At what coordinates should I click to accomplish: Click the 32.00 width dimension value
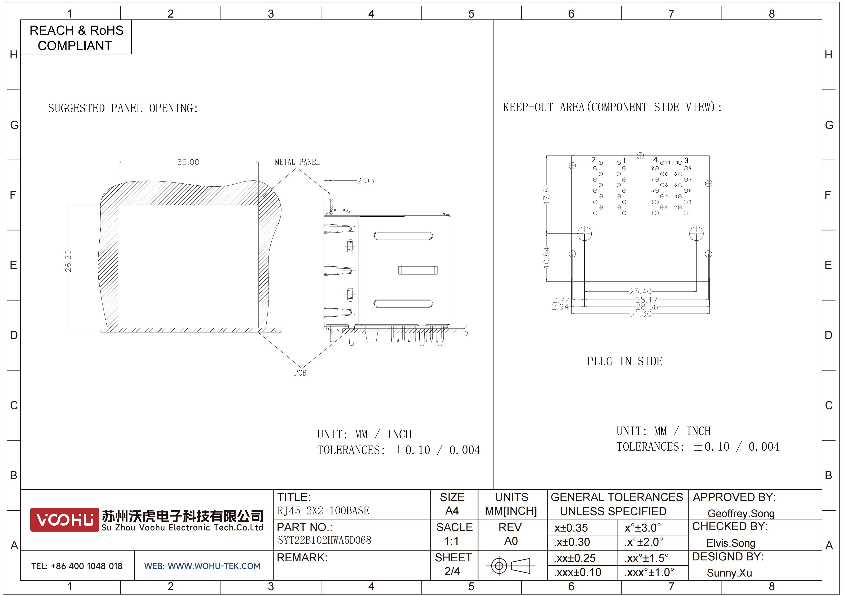tap(188, 162)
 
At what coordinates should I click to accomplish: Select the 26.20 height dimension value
tap(68, 261)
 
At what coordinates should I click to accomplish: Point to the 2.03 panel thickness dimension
tap(365, 181)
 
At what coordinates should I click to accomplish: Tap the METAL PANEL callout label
tap(297, 162)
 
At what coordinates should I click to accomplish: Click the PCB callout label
tap(300, 373)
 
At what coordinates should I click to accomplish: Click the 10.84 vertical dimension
tap(547, 257)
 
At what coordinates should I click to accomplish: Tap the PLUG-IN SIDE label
tap(625, 361)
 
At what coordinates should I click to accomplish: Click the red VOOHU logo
tap(65, 520)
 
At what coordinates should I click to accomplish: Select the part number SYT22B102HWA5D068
tap(324, 540)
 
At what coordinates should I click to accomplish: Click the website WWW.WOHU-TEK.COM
tap(202, 566)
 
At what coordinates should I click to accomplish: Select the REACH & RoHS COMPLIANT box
tap(76, 38)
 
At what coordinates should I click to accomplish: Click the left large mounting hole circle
tap(584, 233)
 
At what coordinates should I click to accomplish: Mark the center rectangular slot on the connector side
tap(418, 270)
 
